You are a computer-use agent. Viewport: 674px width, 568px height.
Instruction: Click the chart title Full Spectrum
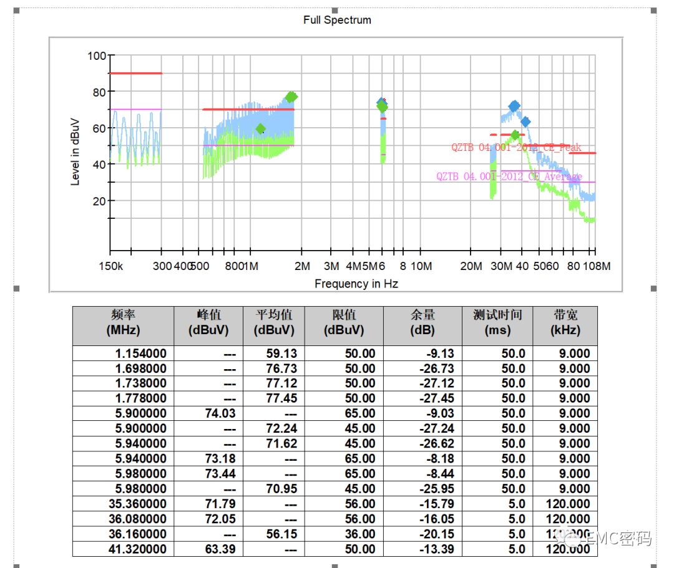(337, 20)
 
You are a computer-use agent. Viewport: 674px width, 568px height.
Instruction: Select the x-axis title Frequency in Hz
(356, 284)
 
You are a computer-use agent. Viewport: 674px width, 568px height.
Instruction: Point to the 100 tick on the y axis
(97, 56)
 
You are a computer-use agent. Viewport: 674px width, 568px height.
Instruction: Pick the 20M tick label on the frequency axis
(471, 266)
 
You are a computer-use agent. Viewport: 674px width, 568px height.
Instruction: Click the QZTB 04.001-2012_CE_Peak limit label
(516, 148)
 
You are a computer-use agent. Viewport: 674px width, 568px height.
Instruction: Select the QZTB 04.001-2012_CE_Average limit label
(509, 176)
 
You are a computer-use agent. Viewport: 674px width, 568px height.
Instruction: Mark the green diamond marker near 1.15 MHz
(261, 129)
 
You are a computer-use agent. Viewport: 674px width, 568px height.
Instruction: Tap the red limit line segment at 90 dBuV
(135, 74)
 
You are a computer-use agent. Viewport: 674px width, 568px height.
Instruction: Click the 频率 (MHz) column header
(124, 322)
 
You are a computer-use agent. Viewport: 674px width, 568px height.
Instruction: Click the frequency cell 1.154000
(140, 354)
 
